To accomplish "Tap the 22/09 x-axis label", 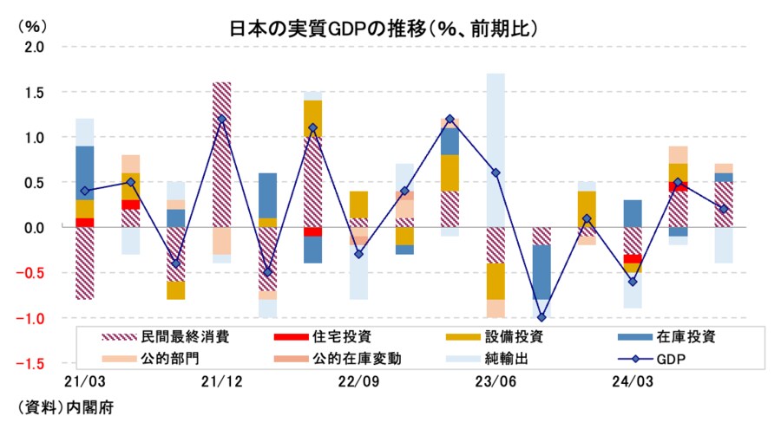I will [x=358, y=381].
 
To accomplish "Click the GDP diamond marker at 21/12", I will [x=221, y=119].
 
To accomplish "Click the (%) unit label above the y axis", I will [x=31, y=26].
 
